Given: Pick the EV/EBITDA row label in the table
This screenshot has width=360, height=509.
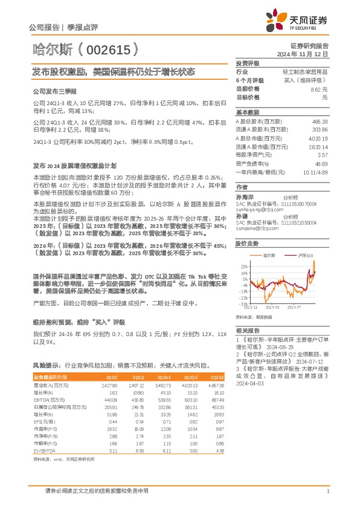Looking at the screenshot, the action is pyautogui.click(x=43, y=450).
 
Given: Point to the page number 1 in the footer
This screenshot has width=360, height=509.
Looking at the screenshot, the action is pyautogui.click(x=327, y=491).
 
